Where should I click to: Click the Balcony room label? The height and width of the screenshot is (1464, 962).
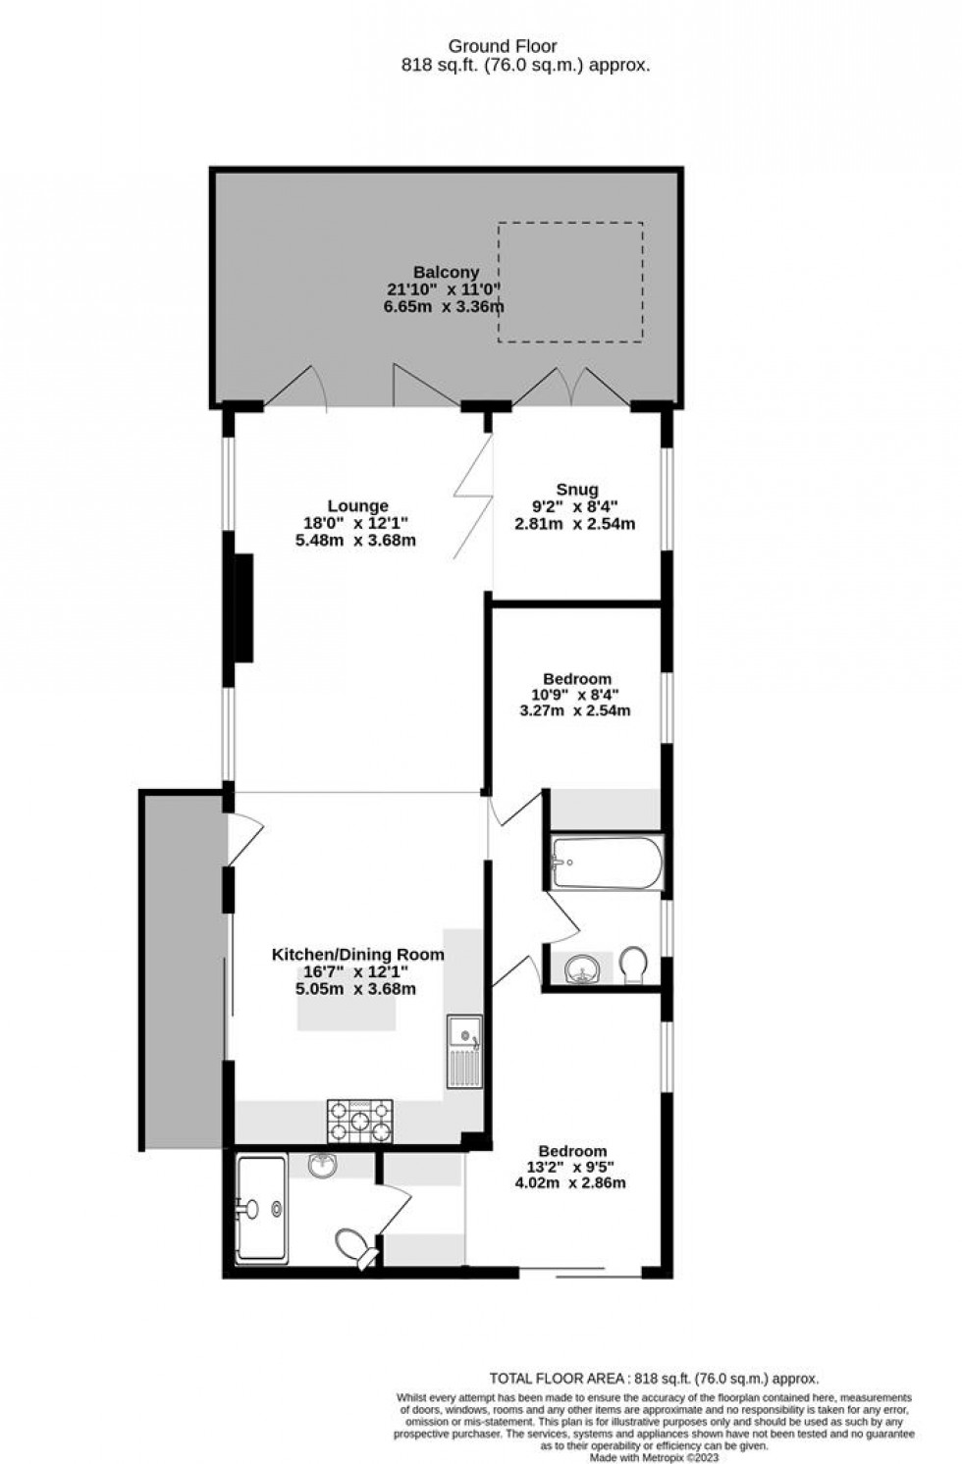tap(446, 272)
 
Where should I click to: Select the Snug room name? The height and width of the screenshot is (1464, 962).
tap(576, 490)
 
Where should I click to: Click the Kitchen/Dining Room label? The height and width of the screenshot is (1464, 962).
tap(357, 954)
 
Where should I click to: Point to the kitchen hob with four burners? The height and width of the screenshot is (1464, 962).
tap(359, 1122)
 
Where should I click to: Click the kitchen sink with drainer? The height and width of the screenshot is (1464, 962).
tap(464, 1051)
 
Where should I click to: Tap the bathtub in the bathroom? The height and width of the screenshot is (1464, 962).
tap(607, 863)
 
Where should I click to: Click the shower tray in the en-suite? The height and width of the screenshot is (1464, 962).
tap(261, 1209)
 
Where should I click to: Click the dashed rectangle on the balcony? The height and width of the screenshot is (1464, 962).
tap(570, 282)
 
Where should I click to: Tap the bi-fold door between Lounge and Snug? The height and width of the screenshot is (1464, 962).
tap(475, 497)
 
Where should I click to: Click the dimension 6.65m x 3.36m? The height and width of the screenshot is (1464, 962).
tap(444, 306)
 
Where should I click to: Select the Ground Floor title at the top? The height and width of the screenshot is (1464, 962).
tap(503, 46)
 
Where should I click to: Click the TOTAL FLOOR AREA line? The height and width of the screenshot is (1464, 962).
tap(654, 1378)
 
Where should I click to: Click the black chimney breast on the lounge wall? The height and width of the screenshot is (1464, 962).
tap(242, 607)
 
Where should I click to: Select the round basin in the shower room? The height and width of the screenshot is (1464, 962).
tap(323, 1166)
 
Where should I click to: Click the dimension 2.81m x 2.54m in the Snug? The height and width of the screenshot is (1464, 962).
tap(575, 523)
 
